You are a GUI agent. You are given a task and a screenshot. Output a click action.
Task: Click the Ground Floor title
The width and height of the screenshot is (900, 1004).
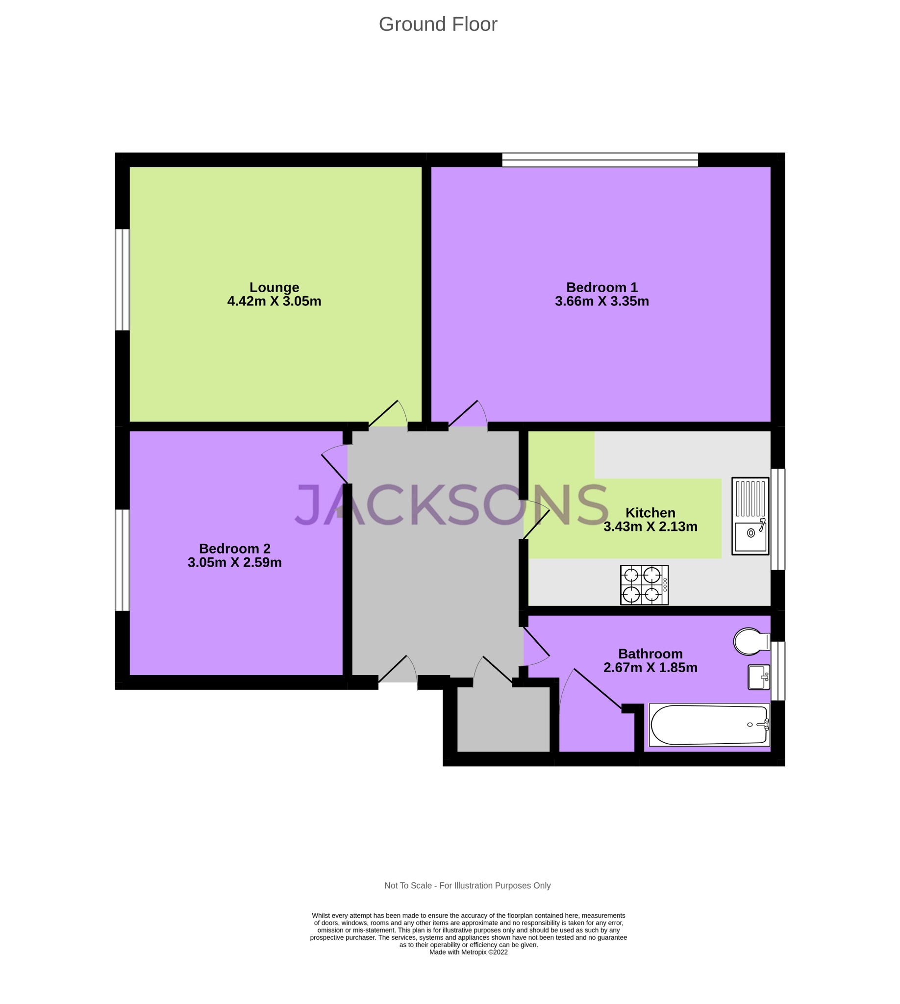coord(438,24)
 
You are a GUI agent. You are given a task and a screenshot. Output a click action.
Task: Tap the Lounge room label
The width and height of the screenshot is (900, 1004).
coord(274,287)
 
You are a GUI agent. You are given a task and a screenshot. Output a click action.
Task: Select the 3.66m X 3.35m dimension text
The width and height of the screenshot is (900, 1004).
coord(601,301)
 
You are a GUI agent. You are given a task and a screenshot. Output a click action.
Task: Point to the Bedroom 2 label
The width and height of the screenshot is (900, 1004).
coord(234,549)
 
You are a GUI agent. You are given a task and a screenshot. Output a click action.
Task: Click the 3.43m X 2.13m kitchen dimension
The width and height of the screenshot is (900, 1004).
coord(650,526)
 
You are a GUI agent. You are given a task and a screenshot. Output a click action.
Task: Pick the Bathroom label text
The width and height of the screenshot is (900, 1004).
coord(650,654)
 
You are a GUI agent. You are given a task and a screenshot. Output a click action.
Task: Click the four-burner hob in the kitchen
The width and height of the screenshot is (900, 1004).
coord(644,585)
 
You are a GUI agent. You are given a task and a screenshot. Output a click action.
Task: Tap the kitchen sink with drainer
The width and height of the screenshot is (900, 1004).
coord(750,516)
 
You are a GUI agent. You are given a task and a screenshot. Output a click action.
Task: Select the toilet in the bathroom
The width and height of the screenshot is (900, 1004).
coord(749,642)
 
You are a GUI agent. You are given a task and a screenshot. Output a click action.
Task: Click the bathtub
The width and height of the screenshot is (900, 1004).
coord(709,725)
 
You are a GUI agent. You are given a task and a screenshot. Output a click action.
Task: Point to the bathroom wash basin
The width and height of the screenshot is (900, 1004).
coord(758,677)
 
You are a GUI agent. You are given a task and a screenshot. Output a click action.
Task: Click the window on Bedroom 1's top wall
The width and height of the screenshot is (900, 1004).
coord(600,160)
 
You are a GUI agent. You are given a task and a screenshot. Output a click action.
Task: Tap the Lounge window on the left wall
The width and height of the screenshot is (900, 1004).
coord(122,279)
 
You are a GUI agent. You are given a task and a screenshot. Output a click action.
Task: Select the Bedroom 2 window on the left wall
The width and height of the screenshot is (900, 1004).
coord(122,560)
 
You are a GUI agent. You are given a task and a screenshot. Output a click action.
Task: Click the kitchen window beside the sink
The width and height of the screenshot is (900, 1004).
coord(777,519)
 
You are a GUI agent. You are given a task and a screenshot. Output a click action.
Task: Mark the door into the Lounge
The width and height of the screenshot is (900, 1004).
coord(389,415)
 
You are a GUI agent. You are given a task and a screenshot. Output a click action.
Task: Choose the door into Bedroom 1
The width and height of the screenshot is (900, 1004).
coord(467,415)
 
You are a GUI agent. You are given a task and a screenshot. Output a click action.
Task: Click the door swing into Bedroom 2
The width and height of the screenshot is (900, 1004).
coord(334,463)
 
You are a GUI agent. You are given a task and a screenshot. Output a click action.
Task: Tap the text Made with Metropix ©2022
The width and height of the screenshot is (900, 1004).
coord(468,952)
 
